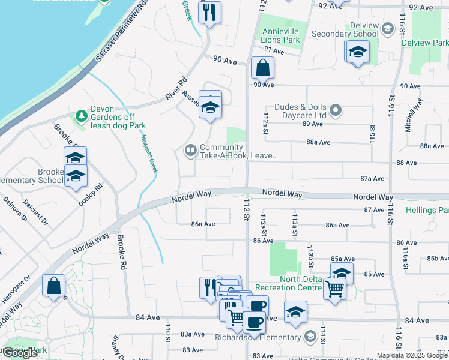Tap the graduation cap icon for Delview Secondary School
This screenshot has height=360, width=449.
pyautogui.click(x=357, y=52)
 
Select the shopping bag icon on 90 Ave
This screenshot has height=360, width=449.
pyautogui.click(x=262, y=68)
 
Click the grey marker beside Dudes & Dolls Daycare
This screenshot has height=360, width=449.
pyautogui.click(x=336, y=110)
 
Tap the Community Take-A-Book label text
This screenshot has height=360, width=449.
pyautogui.click(x=238, y=151)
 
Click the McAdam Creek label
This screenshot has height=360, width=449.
pyautogui.click(x=149, y=153)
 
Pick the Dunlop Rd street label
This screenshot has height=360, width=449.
pyautogui.click(x=91, y=194)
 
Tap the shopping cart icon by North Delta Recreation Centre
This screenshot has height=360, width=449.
pyautogui.click(x=335, y=289)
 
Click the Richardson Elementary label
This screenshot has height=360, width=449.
pyautogui.click(x=259, y=336)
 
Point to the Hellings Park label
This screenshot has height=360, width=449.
pyautogui.click(x=427, y=211)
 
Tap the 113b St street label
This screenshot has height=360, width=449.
pyautogui.click(x=310, y=253)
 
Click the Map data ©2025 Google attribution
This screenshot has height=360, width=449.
pyautogui.click(x=412, y=355)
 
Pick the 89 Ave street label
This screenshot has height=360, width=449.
pyautogui.click(x=313, y=124)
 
